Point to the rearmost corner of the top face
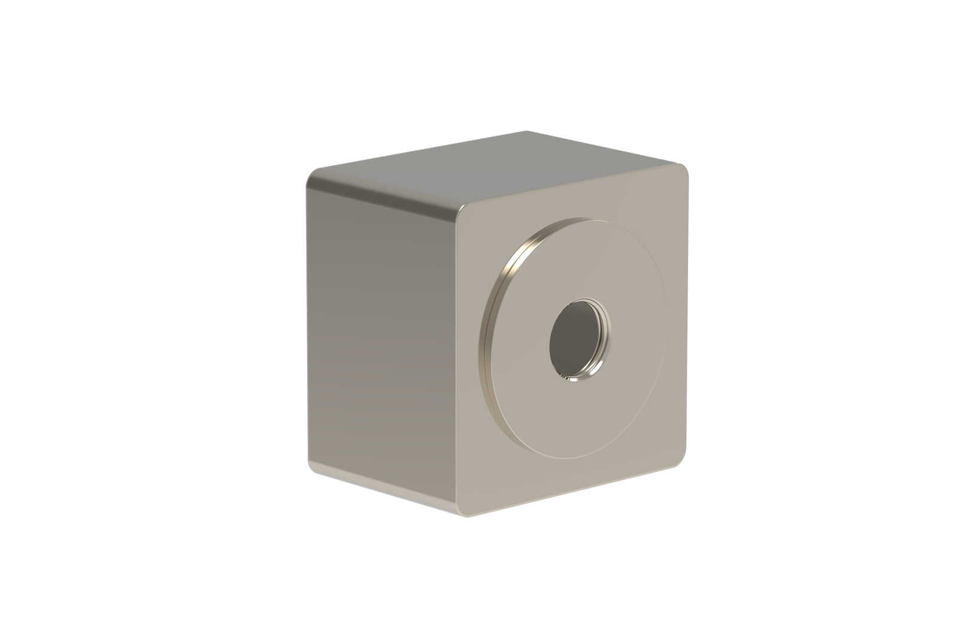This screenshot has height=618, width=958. point(526,132)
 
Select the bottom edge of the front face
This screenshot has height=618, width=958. point(575,485)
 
